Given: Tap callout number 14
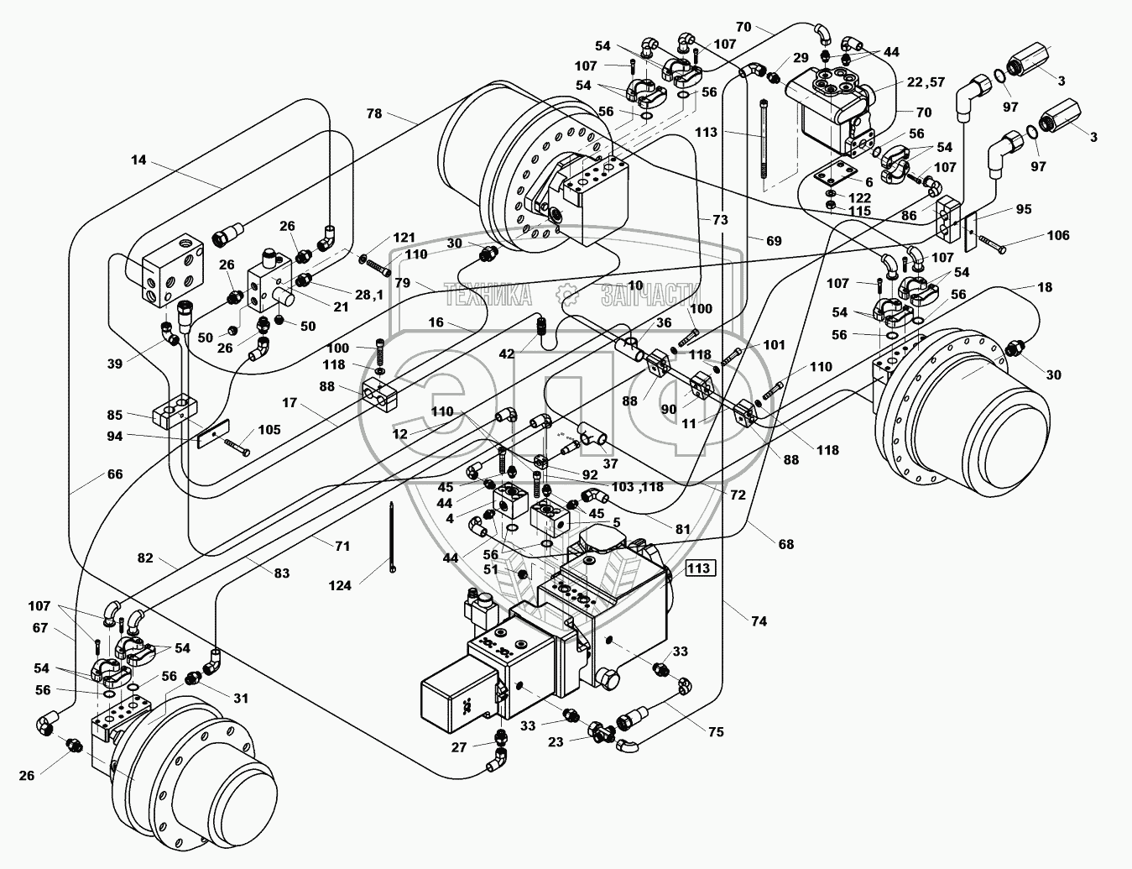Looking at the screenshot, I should click(138, 160).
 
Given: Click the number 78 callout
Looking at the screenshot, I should click(373, 113).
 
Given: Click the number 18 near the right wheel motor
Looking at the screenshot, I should click(1044, 288).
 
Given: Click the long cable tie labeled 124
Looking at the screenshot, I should click(392, 537).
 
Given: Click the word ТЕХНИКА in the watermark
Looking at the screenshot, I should click(488, 294).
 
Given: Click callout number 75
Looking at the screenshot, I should click(715, 731).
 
